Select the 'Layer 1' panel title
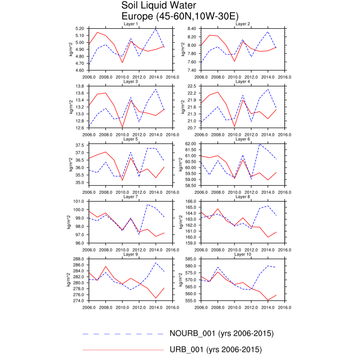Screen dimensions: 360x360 click(x=131, y=24)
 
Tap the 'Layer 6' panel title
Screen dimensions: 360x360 click(x=243, y=139)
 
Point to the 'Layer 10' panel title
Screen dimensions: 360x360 click(x=243, y=255)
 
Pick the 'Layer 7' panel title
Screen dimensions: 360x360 click(x=131, y=197)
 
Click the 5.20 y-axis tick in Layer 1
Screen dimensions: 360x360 click(x=79, y=29)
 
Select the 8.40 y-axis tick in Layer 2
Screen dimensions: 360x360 click(x=191, y=29)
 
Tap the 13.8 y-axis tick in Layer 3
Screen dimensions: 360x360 click(x=80, y=86)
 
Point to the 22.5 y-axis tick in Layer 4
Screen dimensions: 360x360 click(x=192, y=86)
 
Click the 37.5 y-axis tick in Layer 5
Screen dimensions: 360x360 click(x=80, y=146)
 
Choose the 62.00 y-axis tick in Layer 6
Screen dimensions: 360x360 click(x=190, y=144)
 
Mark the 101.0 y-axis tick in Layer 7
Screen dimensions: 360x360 click(x=79, y=202)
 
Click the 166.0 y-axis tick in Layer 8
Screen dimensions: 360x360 click(x=191, y=202)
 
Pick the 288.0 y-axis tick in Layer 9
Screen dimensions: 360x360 click(x=79, y=259)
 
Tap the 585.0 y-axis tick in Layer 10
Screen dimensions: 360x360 click(x=191, y=259)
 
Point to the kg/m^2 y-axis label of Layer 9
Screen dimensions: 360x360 click(x=68, y=280)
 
